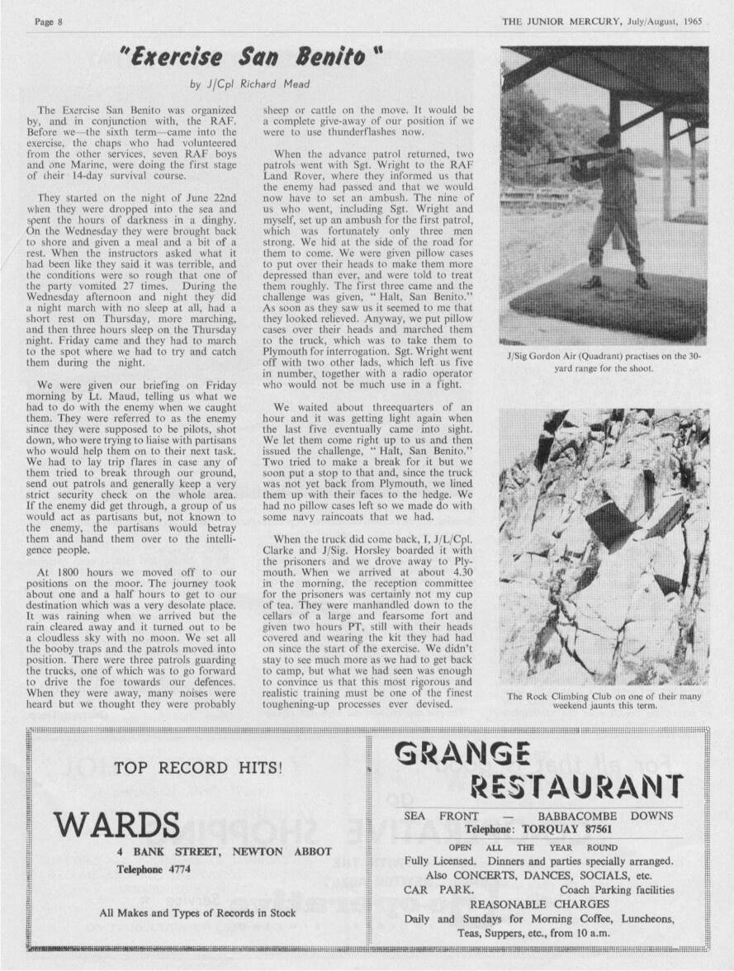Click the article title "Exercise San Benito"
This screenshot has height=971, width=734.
[253, 59]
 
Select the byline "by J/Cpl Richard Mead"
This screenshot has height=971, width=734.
[249, 84]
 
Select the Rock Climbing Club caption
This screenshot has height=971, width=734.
[604, 701]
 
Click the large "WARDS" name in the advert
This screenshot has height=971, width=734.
[116, 825]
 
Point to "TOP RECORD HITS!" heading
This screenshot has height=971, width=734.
[198, 768]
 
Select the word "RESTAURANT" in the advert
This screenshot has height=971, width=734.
[575, 786]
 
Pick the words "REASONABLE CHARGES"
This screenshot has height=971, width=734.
[539, 904]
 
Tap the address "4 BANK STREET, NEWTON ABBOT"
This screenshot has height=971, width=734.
[225, 851]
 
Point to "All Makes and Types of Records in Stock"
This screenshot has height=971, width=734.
[197, 913]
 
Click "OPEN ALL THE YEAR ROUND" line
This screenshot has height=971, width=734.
[533, 847]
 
